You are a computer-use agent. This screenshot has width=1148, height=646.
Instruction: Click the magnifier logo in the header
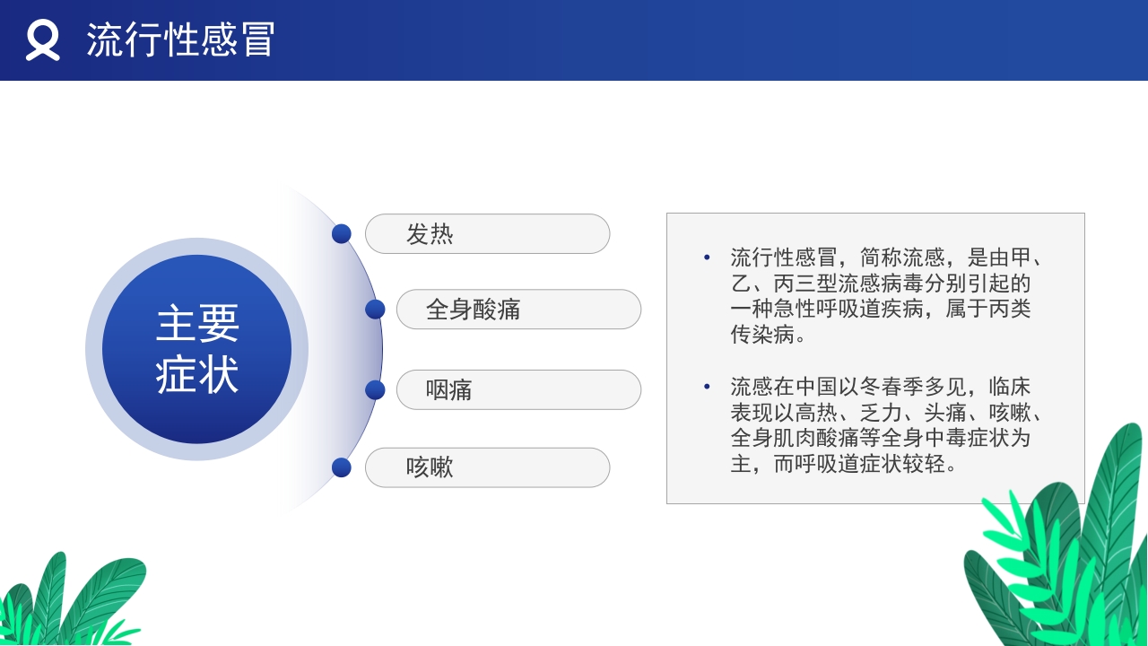click(42, 40)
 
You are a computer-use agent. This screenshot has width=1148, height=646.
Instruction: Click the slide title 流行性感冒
click(180, 40)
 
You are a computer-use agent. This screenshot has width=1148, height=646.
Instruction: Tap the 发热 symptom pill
click(487, 234)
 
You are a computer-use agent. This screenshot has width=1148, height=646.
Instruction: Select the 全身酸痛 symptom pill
click(518, 310)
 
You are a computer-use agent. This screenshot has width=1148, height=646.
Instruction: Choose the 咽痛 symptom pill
click(518, 390)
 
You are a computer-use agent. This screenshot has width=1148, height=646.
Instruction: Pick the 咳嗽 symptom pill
click(487, 467)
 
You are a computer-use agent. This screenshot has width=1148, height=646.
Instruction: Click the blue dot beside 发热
click(341, 234)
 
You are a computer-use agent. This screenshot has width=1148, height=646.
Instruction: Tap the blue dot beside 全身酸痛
click(375, 310)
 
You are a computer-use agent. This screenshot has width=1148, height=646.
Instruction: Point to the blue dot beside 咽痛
click(375, 390)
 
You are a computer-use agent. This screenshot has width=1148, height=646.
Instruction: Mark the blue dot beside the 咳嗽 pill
click(341, 467)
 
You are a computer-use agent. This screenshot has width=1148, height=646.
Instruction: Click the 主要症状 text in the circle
click(197, 349)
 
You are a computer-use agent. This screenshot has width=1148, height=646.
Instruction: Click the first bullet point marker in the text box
click(707, 258)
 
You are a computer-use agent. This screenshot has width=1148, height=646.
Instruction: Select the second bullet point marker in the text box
click(707, 388)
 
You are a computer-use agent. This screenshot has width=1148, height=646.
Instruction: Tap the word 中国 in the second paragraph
click(815, 388)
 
